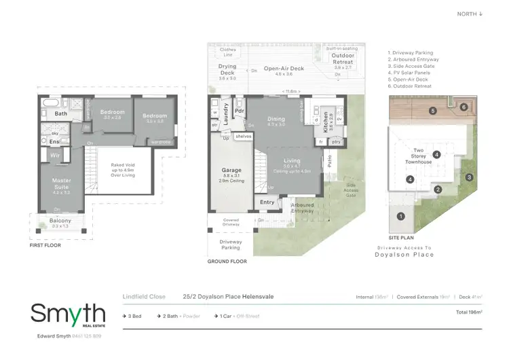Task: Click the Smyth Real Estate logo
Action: [x=68, y=316]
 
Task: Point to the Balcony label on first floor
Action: [x=60, y=221]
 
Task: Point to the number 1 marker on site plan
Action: [x=400, y=216]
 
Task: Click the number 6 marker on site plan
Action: [x=464, y=107]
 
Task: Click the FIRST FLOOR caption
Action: [x=46, y=245]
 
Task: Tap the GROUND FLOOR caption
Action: [x=227, y=261]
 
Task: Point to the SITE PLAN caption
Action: [x=402, y=238]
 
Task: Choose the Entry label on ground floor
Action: [x=267, y=202]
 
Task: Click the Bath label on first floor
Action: [x=61, y=114]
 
